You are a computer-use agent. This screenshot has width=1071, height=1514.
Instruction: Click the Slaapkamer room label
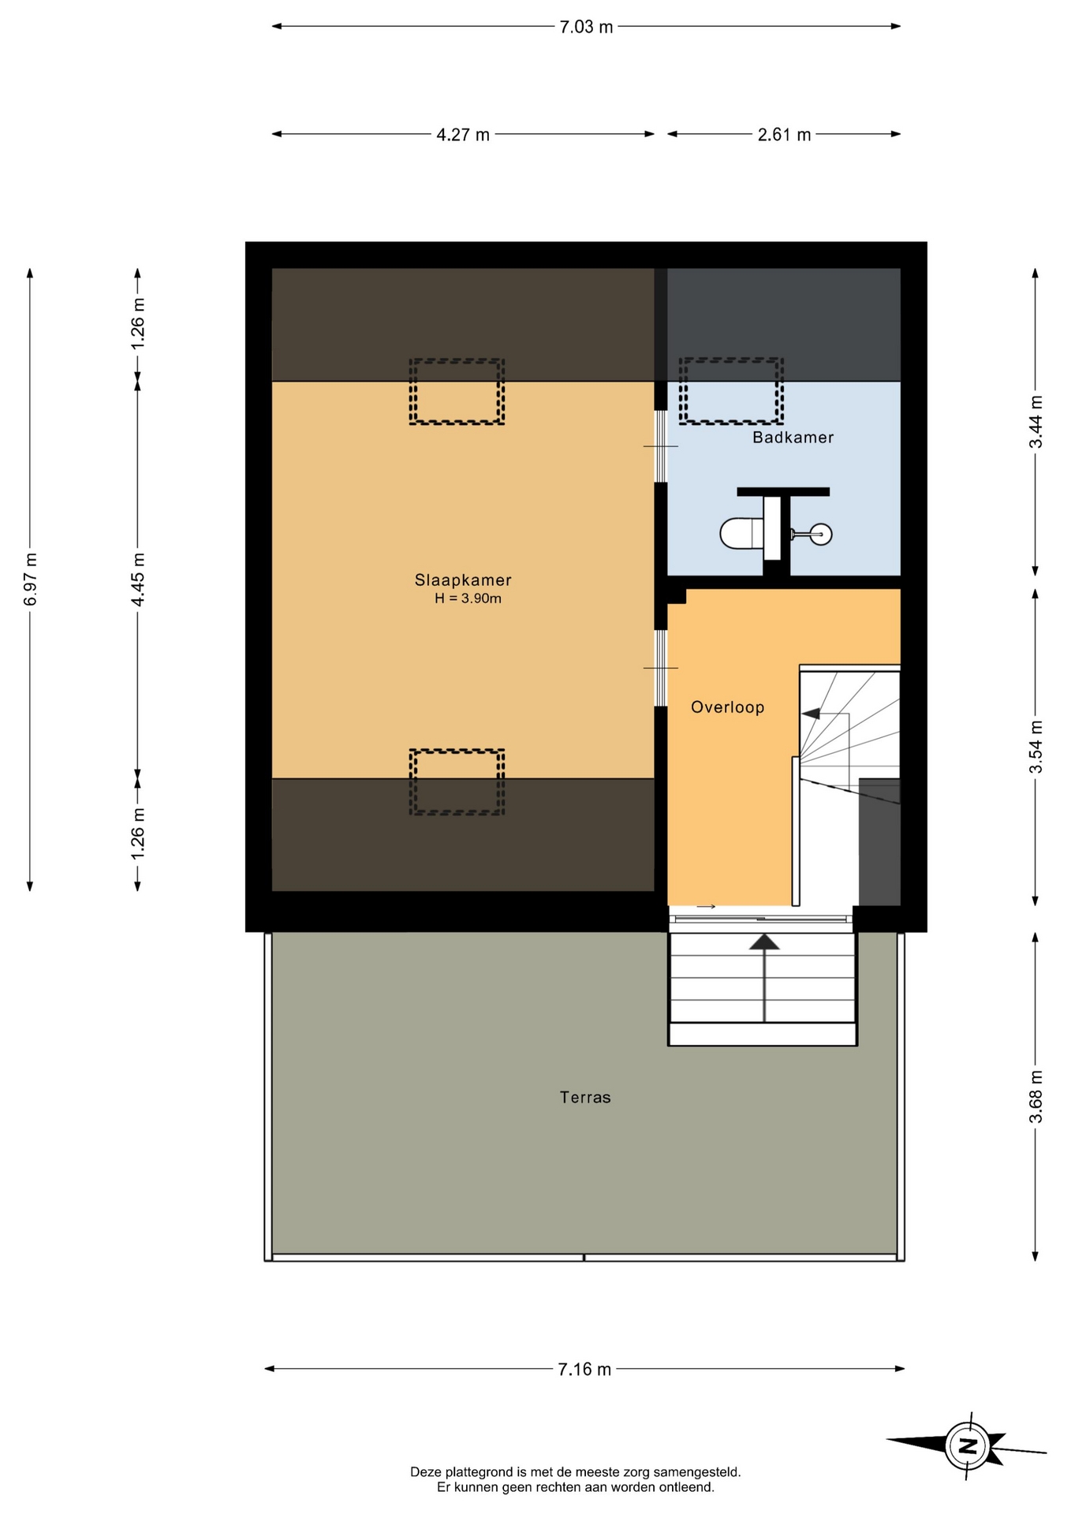[463, 580]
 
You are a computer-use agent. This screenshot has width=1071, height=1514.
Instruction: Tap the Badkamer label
[793, 437]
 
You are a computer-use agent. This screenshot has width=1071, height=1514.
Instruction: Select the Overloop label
[727, 707]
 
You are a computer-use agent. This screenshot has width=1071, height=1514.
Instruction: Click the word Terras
[585, 1097]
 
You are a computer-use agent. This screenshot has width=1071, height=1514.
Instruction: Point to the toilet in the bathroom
[741, 533]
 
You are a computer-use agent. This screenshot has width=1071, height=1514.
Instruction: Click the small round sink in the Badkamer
[821, 534]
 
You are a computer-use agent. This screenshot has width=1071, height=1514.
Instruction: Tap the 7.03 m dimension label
[586, 27]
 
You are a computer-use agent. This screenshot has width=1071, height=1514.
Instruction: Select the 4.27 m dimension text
[463, 135]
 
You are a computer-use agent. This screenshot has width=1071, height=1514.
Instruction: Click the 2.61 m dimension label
[784, 135]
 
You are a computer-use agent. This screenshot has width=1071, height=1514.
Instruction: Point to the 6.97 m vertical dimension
[31, 580]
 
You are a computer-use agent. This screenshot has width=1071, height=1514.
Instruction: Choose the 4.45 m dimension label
[138, 580]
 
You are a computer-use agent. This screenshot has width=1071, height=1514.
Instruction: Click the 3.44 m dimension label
[1036, 422]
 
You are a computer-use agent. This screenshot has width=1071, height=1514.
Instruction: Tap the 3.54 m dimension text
[1036, 747]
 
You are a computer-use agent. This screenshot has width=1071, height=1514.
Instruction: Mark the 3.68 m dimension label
[1036, 1097]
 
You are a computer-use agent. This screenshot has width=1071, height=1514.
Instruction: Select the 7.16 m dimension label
[584, 1370]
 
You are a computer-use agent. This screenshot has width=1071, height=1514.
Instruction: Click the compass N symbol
[968, 1446]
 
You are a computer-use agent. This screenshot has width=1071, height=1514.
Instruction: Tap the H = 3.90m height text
[468, 599]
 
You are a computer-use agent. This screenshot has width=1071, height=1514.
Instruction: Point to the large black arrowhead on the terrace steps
[764, 942]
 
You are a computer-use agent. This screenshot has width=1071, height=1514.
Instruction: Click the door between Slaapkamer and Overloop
[661, 668]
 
